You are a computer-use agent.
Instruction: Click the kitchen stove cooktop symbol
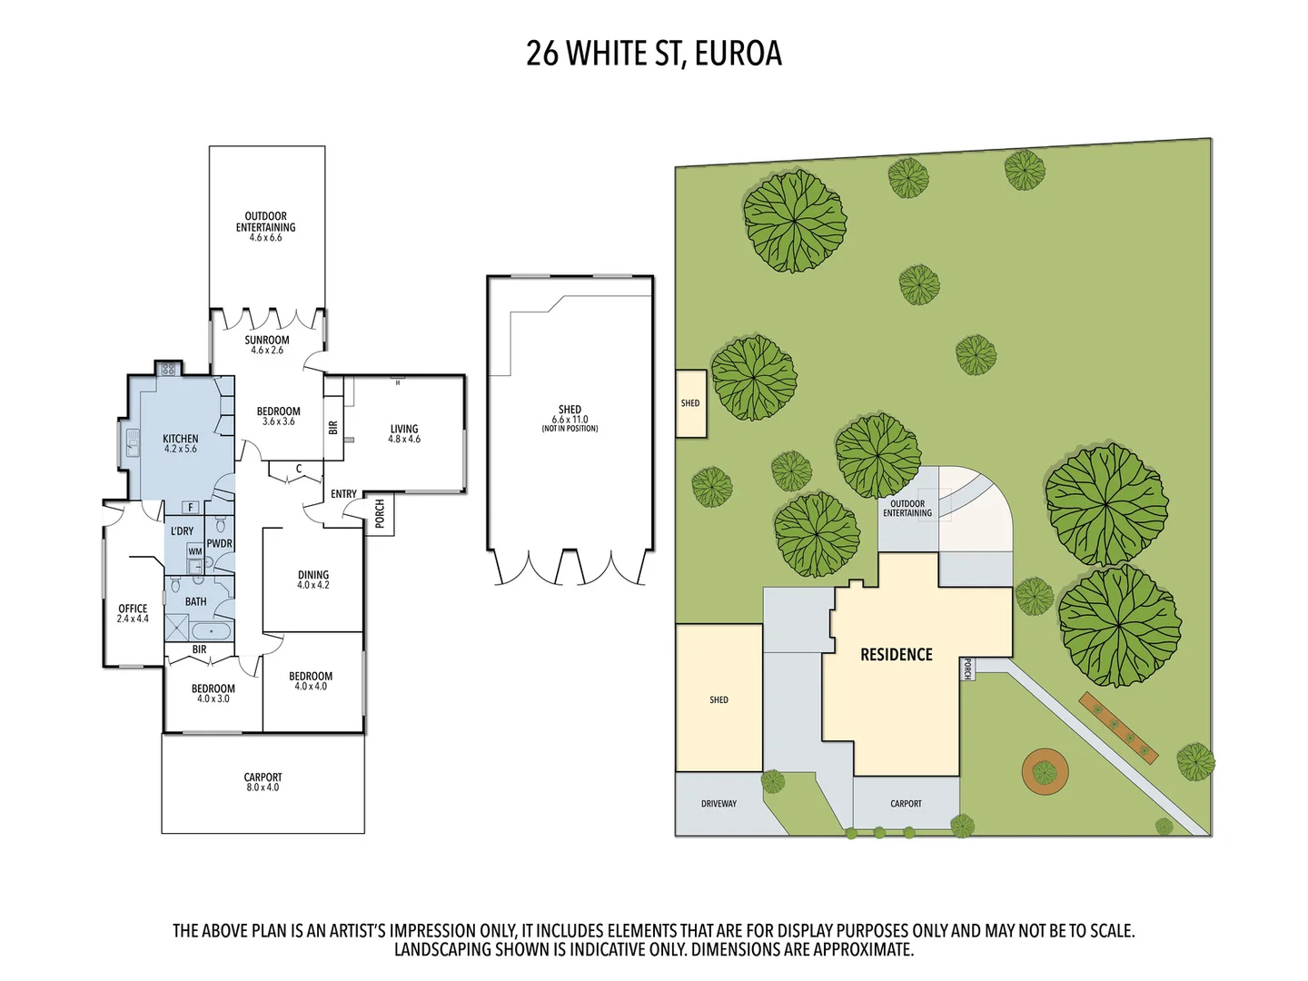click(x=167, y=369)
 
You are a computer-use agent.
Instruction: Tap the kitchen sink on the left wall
click(x=132, y=442)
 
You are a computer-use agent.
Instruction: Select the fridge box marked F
click(x=191, y=508)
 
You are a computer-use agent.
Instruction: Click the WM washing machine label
click(x=195, y=551)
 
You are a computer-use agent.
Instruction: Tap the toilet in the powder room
click(x=221, y=526)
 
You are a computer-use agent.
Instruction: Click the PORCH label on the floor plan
click(x=380, y=513)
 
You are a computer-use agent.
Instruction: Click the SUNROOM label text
click(x=267, y=340)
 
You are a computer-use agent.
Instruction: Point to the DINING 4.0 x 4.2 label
click(x=313, y=580)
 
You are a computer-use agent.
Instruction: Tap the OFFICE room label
click(x=133, y=613)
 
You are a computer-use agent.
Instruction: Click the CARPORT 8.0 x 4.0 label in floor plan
click(x=263, y=782)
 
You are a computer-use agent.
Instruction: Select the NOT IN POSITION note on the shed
click(x=570, y=429)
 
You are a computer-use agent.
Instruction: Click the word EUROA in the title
click(x=738, y=54)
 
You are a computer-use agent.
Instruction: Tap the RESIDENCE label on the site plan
click(x=896, y=655)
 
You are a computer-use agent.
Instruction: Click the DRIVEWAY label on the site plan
click(x=718, y=804)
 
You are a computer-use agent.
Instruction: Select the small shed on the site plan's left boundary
click(x=690, y=403)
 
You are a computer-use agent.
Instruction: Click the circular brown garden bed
click(x=1045, y=772)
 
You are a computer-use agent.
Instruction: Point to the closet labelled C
click(x=298, y=470)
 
